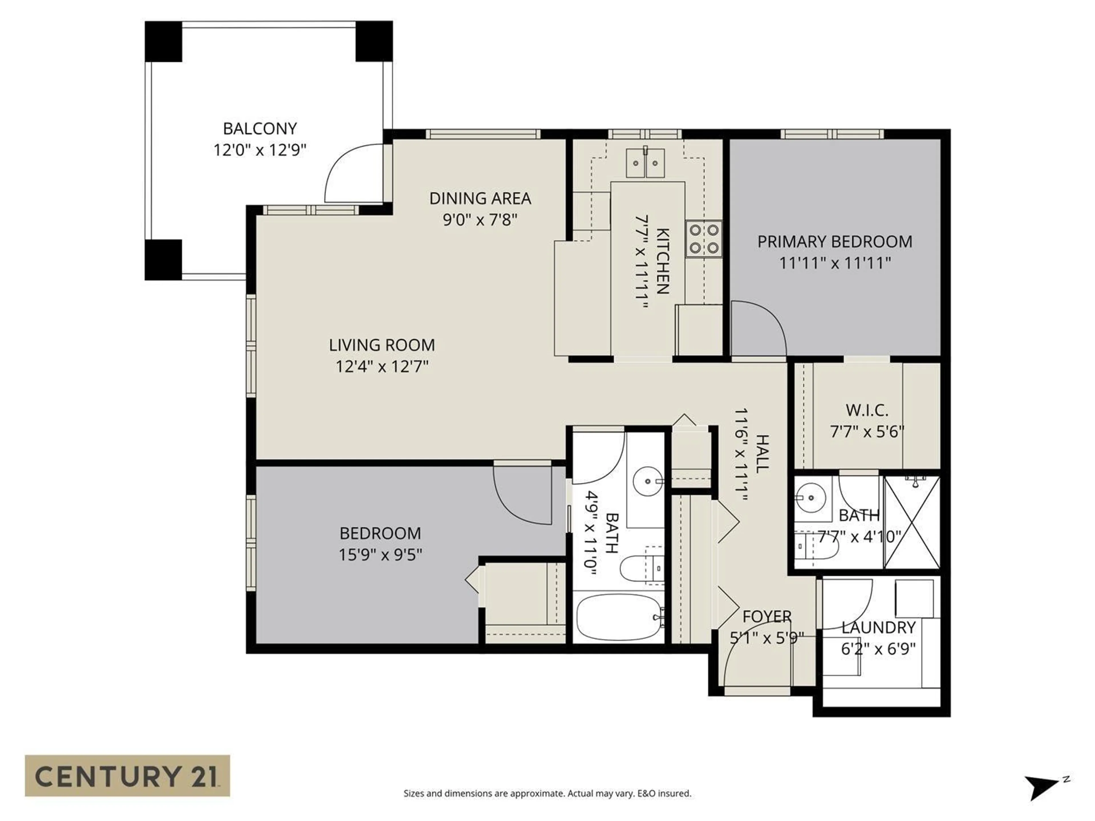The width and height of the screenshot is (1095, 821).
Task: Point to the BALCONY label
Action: click(x=260, y=129)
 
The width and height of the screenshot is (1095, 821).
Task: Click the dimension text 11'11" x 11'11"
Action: click(x=835, y=263)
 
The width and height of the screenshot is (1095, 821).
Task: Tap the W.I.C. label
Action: click(x=866, y=410)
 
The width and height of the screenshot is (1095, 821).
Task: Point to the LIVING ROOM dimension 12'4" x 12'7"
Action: click(x=382, y=367)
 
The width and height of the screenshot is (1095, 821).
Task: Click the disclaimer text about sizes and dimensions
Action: click(x=547, y=793)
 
